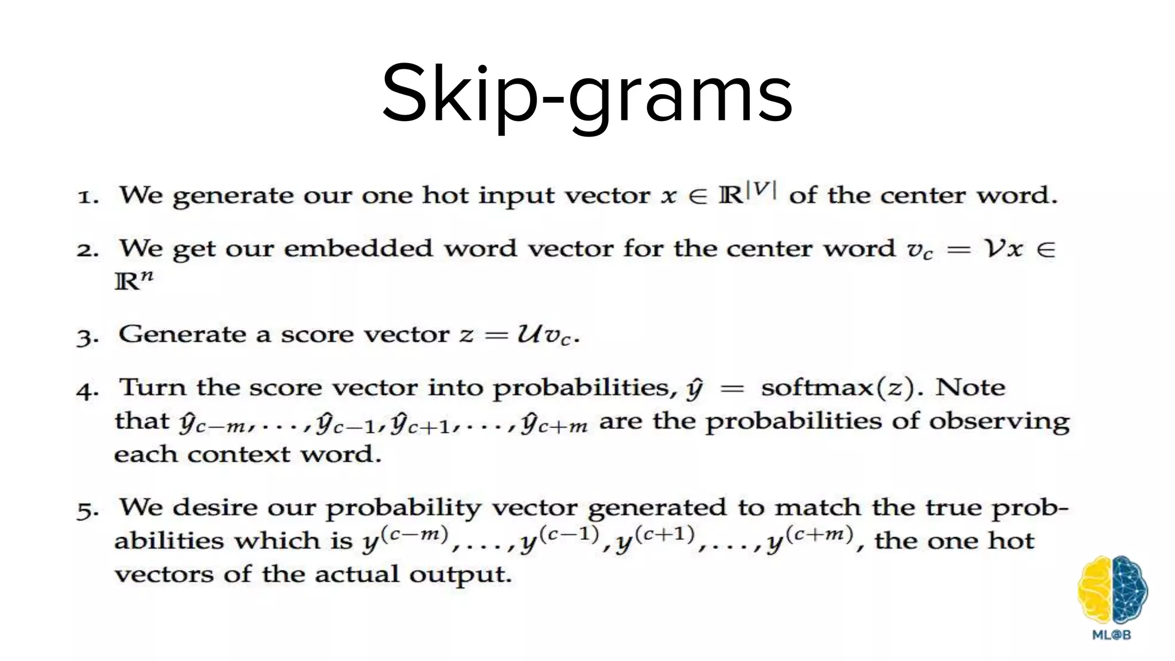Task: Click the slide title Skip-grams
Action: [x=587, y=95]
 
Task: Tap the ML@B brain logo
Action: [x=1112, y=590]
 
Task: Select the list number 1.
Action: [x=88, y=197]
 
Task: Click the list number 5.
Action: [x=88, y=510]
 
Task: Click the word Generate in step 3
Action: [x=182, y=334]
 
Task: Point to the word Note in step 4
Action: [x=970, y=388]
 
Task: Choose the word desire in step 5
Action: [x=213, y=507]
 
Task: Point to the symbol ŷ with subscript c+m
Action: [x=554, y=423]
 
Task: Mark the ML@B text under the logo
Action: [x=1111, y=635]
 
